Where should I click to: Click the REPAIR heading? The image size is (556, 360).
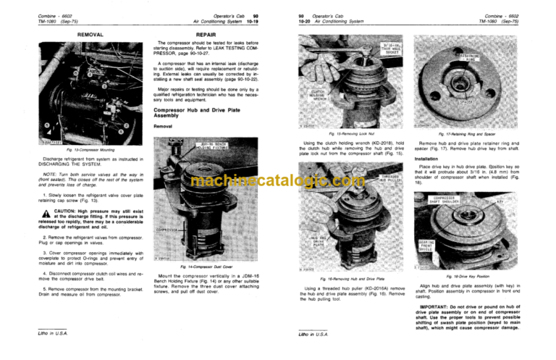(197, 34)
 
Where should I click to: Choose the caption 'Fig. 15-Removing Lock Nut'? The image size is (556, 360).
(347, 135)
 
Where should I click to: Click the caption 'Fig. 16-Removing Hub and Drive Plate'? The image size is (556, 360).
(347, 278)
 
